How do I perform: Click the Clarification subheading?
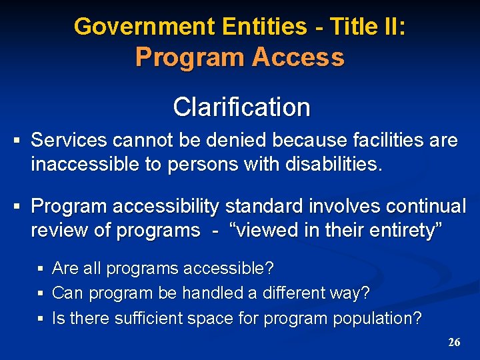241,107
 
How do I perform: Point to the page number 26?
454,342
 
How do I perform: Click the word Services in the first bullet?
69,140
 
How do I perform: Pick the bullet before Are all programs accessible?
41,269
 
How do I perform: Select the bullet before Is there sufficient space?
41,319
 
